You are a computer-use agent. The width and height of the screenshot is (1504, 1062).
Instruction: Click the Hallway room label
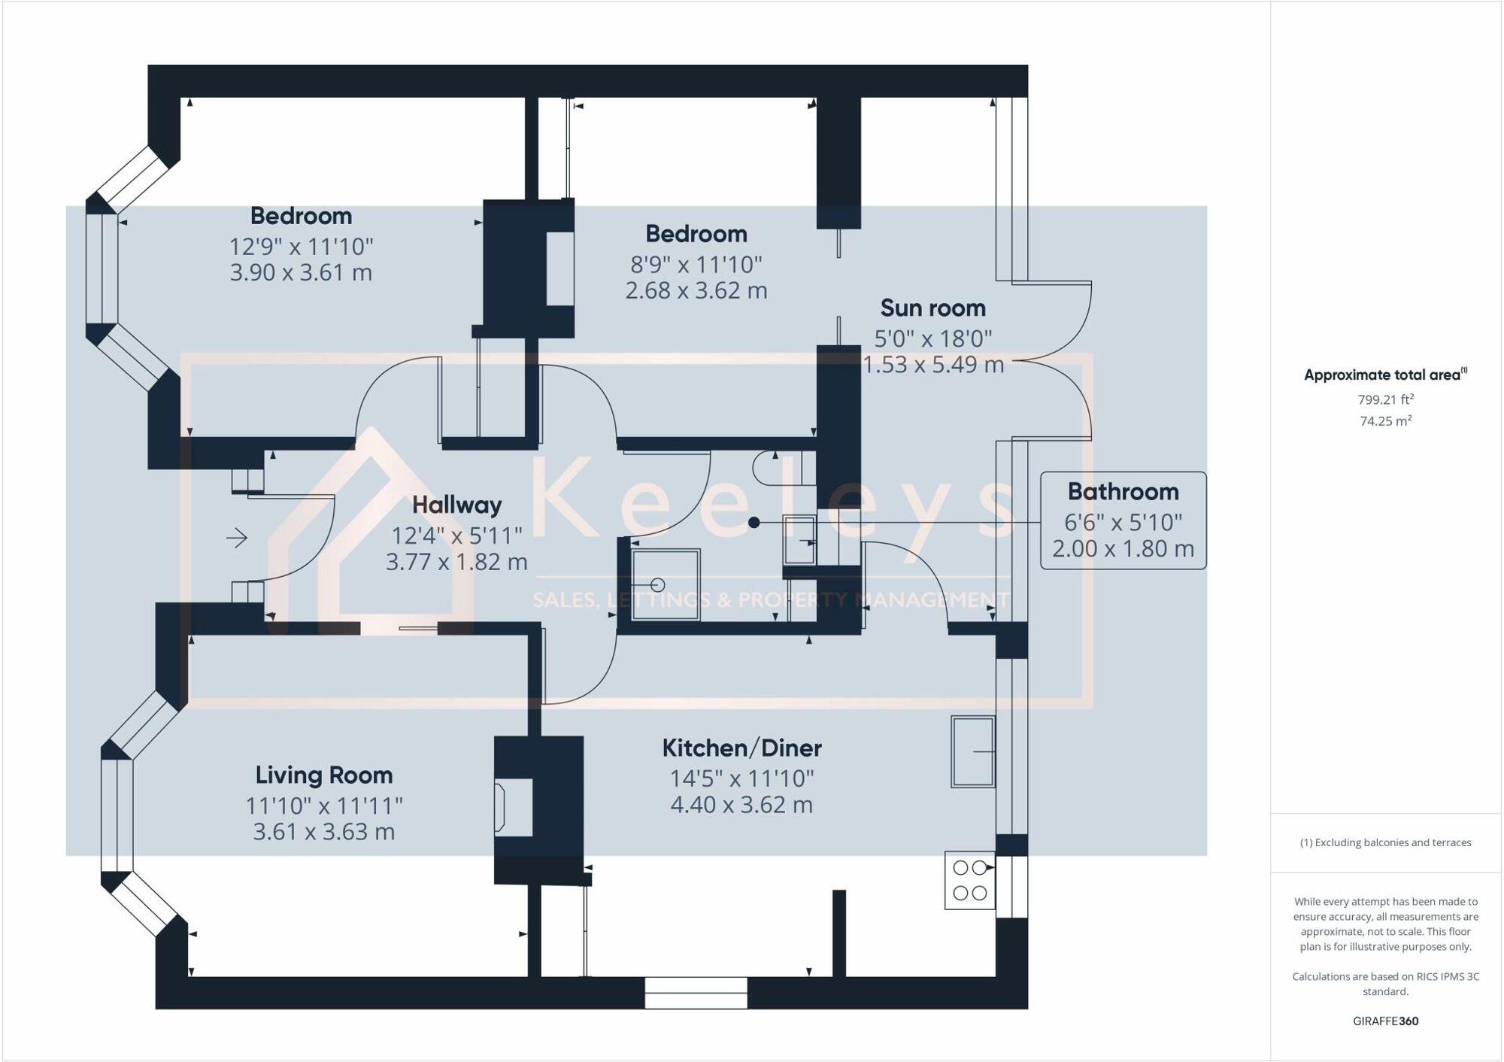click(x=456, y=505)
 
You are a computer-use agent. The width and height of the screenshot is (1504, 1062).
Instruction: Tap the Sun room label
click(x=932, y=308)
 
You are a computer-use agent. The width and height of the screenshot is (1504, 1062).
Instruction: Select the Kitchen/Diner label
click(x=741, y=748)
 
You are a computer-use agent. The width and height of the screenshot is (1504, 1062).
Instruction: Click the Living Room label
click(x=323, y=775)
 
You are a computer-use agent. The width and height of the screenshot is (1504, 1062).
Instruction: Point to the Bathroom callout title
click(x=1123, y=492)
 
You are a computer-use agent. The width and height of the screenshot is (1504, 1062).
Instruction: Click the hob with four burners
click(x=970, y=880)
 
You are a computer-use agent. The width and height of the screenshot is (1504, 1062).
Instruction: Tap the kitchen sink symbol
click(x=973, y=751)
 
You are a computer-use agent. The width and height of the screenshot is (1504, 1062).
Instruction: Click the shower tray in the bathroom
click(x=666, y=584)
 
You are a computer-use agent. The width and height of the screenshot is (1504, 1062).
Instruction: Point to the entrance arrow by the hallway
click(x=237, y=538)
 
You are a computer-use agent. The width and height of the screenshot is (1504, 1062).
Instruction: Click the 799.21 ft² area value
click(x=1385, y=399)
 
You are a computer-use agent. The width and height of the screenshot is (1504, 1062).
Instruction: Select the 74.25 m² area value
click(x=1385, y=421)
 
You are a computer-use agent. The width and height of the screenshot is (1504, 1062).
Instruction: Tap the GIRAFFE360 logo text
click(x=1385, y=1021)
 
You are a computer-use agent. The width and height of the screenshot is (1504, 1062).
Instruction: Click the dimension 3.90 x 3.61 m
click(x=301, y=272)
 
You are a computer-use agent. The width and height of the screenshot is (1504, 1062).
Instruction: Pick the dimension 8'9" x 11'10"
click(x=696, y=265)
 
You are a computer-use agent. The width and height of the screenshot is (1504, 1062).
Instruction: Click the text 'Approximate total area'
click(x=1382, y=375)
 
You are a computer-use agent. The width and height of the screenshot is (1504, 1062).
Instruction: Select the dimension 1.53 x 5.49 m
click(x=932, y=365)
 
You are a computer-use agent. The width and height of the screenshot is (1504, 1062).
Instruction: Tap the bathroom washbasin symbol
click(x=799, y=539)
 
